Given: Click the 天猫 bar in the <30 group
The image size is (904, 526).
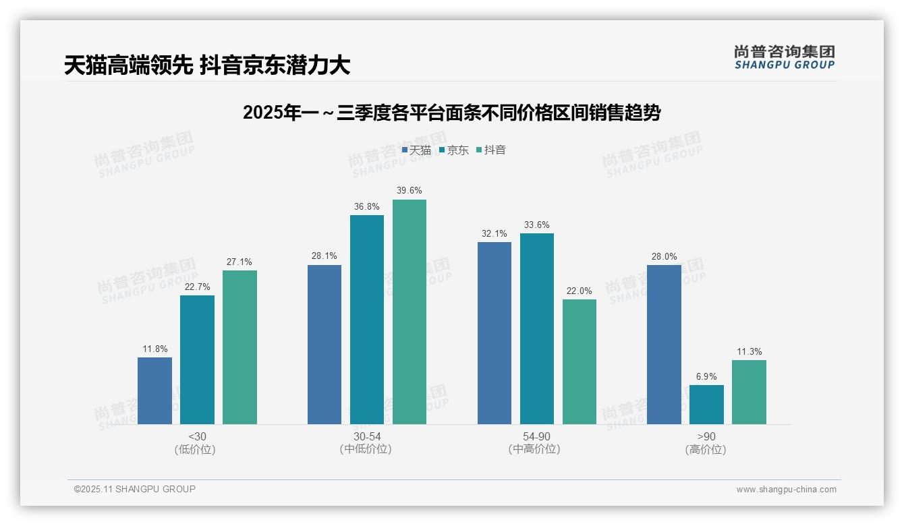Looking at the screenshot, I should click(154, 390).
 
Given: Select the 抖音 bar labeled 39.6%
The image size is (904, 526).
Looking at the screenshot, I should click(409, 312).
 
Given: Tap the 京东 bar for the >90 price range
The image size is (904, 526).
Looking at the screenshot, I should click(706, 405).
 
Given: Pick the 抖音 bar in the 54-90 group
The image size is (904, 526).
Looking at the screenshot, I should click(580, 361).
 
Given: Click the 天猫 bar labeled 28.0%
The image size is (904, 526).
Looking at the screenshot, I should click(664, 345).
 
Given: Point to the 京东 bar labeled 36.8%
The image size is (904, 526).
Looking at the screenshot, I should click(367, 320).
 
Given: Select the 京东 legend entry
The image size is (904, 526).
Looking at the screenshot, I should click(454, 150).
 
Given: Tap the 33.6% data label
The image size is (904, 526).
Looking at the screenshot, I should click(537, 225).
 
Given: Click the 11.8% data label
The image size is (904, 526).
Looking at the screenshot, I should click(154, 349).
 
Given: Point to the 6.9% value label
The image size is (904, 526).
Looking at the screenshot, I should click(706, 377).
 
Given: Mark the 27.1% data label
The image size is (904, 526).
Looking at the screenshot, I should click(239, 262).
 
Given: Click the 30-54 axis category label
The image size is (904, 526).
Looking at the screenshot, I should click(367, 436).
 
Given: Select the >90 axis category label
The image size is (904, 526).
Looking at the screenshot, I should click(706, 436).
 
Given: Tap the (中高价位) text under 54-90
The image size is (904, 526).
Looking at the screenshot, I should click(534, 449).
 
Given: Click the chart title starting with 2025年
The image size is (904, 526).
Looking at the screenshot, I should click(451, 113).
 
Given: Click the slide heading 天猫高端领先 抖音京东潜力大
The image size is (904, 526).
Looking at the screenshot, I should click(207, 65).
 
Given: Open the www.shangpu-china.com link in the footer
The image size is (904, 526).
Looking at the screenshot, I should click(786, 490).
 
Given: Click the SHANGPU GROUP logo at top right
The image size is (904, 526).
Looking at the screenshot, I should click(784, 57).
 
